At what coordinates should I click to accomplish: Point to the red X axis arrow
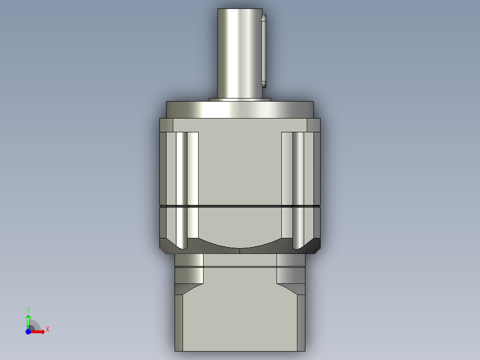(38, 331)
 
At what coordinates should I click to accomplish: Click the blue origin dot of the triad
(28, 331)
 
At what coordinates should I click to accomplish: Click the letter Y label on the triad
(28, 310)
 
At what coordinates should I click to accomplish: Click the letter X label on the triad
(48, 330)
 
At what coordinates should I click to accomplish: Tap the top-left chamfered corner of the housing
(166, 125)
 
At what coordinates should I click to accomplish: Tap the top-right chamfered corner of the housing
(313, 125)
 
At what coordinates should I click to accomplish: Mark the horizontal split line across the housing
(240, 206)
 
